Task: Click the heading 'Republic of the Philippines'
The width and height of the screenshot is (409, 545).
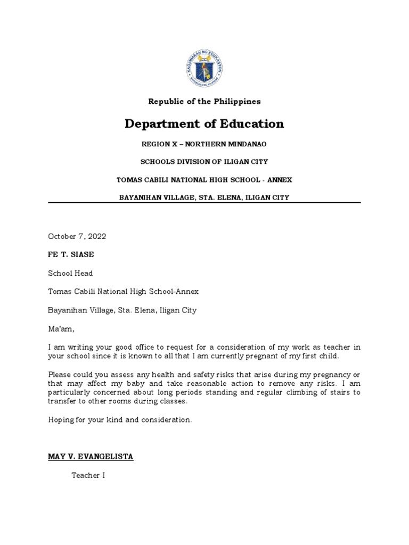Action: pyautogui.click(x=204, y=101)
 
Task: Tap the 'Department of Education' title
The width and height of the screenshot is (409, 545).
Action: pyautogui.click(x=204, y=124)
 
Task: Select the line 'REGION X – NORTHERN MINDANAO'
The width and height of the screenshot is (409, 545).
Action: pyautogui.click(x=204, y=145)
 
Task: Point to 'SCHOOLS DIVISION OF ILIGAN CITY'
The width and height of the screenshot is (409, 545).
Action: pyautogui.click(x=204, y=162)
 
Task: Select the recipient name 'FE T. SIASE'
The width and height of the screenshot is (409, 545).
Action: pyautogui.click(x=71, y=254)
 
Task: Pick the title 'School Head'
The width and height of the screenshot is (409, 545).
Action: pyautogui.click(x=70, y=273)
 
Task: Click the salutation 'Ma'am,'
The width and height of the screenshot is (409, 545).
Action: pyautogui.click(x=61, y=328)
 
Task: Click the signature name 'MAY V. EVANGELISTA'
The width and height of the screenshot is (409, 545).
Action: pyautogui.click(x=91, y=457)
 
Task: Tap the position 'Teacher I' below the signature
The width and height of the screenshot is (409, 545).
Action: pyautogui.click(x=88, y=475)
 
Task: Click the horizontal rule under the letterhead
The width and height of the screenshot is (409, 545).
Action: pyautogui.click(x=204, y=203)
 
